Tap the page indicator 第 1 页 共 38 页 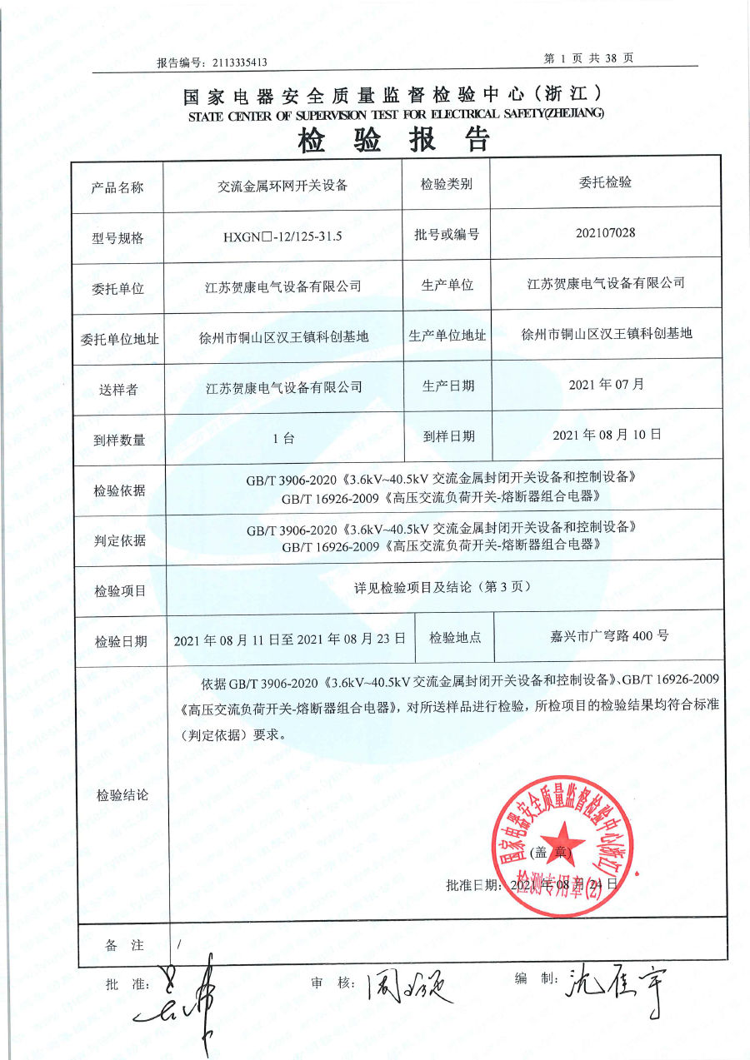click(588, 58)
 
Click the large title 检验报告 click(393, 141)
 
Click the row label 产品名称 click(117, 187)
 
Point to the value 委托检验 click(605, 183)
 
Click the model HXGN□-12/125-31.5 click(283, 236)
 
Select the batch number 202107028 click(605, 232)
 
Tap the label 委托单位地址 click(119, 339)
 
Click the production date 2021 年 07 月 click(606, 385)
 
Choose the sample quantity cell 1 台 click(283, 438)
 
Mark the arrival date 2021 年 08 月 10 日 click(607, 435)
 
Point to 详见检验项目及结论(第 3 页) click(442, 587)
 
